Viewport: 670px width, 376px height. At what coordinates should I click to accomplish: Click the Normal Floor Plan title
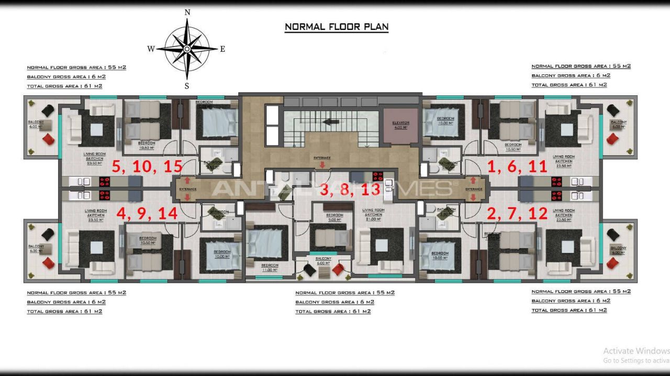click(x=337, y=27)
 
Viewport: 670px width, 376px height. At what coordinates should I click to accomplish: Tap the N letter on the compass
click(x=187, y=12)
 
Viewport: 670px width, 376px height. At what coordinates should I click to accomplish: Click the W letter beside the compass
click(x=151, y=49)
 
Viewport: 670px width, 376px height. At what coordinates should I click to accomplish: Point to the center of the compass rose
click(x=187, y=49)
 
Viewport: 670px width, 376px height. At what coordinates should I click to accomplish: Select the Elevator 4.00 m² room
click(x=400, y=125)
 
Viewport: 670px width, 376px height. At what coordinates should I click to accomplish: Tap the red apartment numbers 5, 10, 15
click(x=147, y=167)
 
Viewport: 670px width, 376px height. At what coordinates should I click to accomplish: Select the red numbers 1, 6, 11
click(x=517, y=167)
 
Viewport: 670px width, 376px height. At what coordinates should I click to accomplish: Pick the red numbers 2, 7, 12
click(x=517, y=214)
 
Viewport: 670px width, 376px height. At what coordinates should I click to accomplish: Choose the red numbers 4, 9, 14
click(x=147, y=214)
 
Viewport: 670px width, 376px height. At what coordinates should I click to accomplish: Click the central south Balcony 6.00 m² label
click(x=323, y=261)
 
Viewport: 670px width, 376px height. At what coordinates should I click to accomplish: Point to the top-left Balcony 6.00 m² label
click(x=36, y=124)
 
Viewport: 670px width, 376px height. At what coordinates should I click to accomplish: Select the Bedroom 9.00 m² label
click(x=334, y=217)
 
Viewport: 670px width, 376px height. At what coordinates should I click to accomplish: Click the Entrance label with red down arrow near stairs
click(x=322, y=159)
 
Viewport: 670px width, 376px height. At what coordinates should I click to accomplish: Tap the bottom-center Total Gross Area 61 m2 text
click(x=333, y=312)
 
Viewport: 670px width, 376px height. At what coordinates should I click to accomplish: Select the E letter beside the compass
click(x=222, y=49)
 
